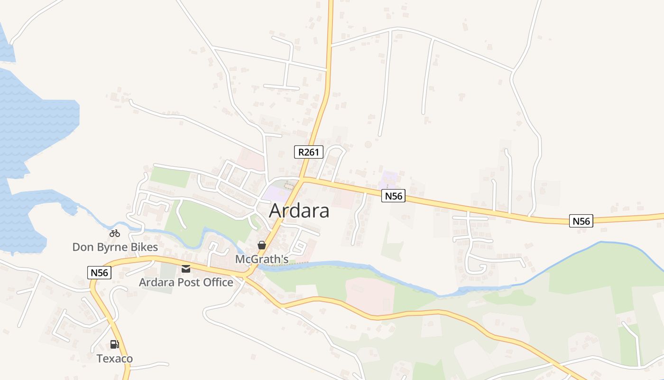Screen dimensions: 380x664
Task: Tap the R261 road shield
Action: tap(308, 152)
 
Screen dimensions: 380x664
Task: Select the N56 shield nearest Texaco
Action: tap(100, 273)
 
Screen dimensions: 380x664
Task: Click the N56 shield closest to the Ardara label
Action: tap(393, 196)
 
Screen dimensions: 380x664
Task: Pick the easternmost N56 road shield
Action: tap(581, 221)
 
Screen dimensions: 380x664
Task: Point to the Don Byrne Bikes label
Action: tap(115, 247)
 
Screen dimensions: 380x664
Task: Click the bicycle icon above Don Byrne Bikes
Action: tap(115, 233)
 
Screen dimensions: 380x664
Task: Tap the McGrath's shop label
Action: tap(262, 259)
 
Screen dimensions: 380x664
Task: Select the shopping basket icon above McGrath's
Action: tap(261, 245)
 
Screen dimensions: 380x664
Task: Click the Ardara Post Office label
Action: tap(186, 283)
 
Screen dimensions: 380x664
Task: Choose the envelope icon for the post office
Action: tap(186, 269)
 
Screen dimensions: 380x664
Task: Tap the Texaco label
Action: tap(115, 359)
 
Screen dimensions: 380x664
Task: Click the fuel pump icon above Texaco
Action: tap(114, 344)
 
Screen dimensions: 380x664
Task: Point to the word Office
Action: tap(217, 283)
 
